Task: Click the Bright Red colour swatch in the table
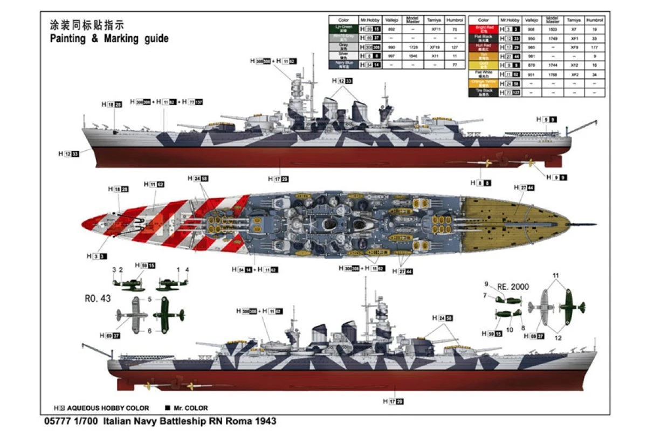(x=483, y=29)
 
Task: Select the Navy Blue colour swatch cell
(x=343, y=64)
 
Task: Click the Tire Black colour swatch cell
(x=483, y=93)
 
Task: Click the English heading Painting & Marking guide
(x=109, y=38)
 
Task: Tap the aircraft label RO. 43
(x=98, y=298)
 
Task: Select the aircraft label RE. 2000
(x=513, y=287)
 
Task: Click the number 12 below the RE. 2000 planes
(x=558, y=338)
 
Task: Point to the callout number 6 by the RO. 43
(x=149, y=331)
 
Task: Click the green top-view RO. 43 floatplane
(x=169, y=314)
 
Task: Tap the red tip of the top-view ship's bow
(x=85, y=224)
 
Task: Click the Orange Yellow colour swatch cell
(x=483, y=84)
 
